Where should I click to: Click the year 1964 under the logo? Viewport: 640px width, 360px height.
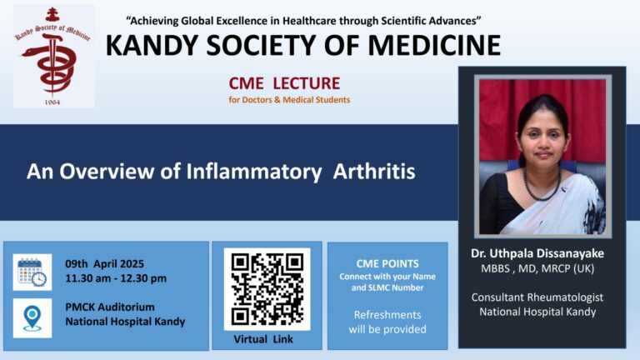[x=52, y=102]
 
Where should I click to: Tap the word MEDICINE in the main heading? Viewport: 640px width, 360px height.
[x=434, y=45]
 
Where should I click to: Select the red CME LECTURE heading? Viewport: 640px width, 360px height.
[x=284, y=83]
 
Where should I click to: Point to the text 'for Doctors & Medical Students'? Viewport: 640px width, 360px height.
[x=289, y=100]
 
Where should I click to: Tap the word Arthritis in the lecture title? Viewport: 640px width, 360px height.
[x=374, y=171]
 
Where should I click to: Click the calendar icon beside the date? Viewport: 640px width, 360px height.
[x=32, y=272]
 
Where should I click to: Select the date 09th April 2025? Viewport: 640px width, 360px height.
[x=104, y=263]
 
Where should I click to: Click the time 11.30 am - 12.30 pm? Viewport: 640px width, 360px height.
[x=116, y=278]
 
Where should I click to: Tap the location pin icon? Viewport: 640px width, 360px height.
[x=32, y=318]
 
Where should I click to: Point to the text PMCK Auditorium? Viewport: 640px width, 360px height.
[x=110, y=307]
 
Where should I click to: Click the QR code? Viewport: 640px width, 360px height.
[x=267, y=289]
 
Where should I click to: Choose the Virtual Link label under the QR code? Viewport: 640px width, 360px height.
[x=263, y=339]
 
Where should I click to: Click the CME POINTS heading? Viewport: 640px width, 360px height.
[x=387, y=263]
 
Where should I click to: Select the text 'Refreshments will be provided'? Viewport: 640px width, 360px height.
[x=387, y=322]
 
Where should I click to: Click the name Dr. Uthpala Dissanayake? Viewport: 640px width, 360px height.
[x=537, y=253]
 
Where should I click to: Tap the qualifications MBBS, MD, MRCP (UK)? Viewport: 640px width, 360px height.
[x=537, y=268]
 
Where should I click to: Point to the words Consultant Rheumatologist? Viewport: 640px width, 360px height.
[x=537, y=297]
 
